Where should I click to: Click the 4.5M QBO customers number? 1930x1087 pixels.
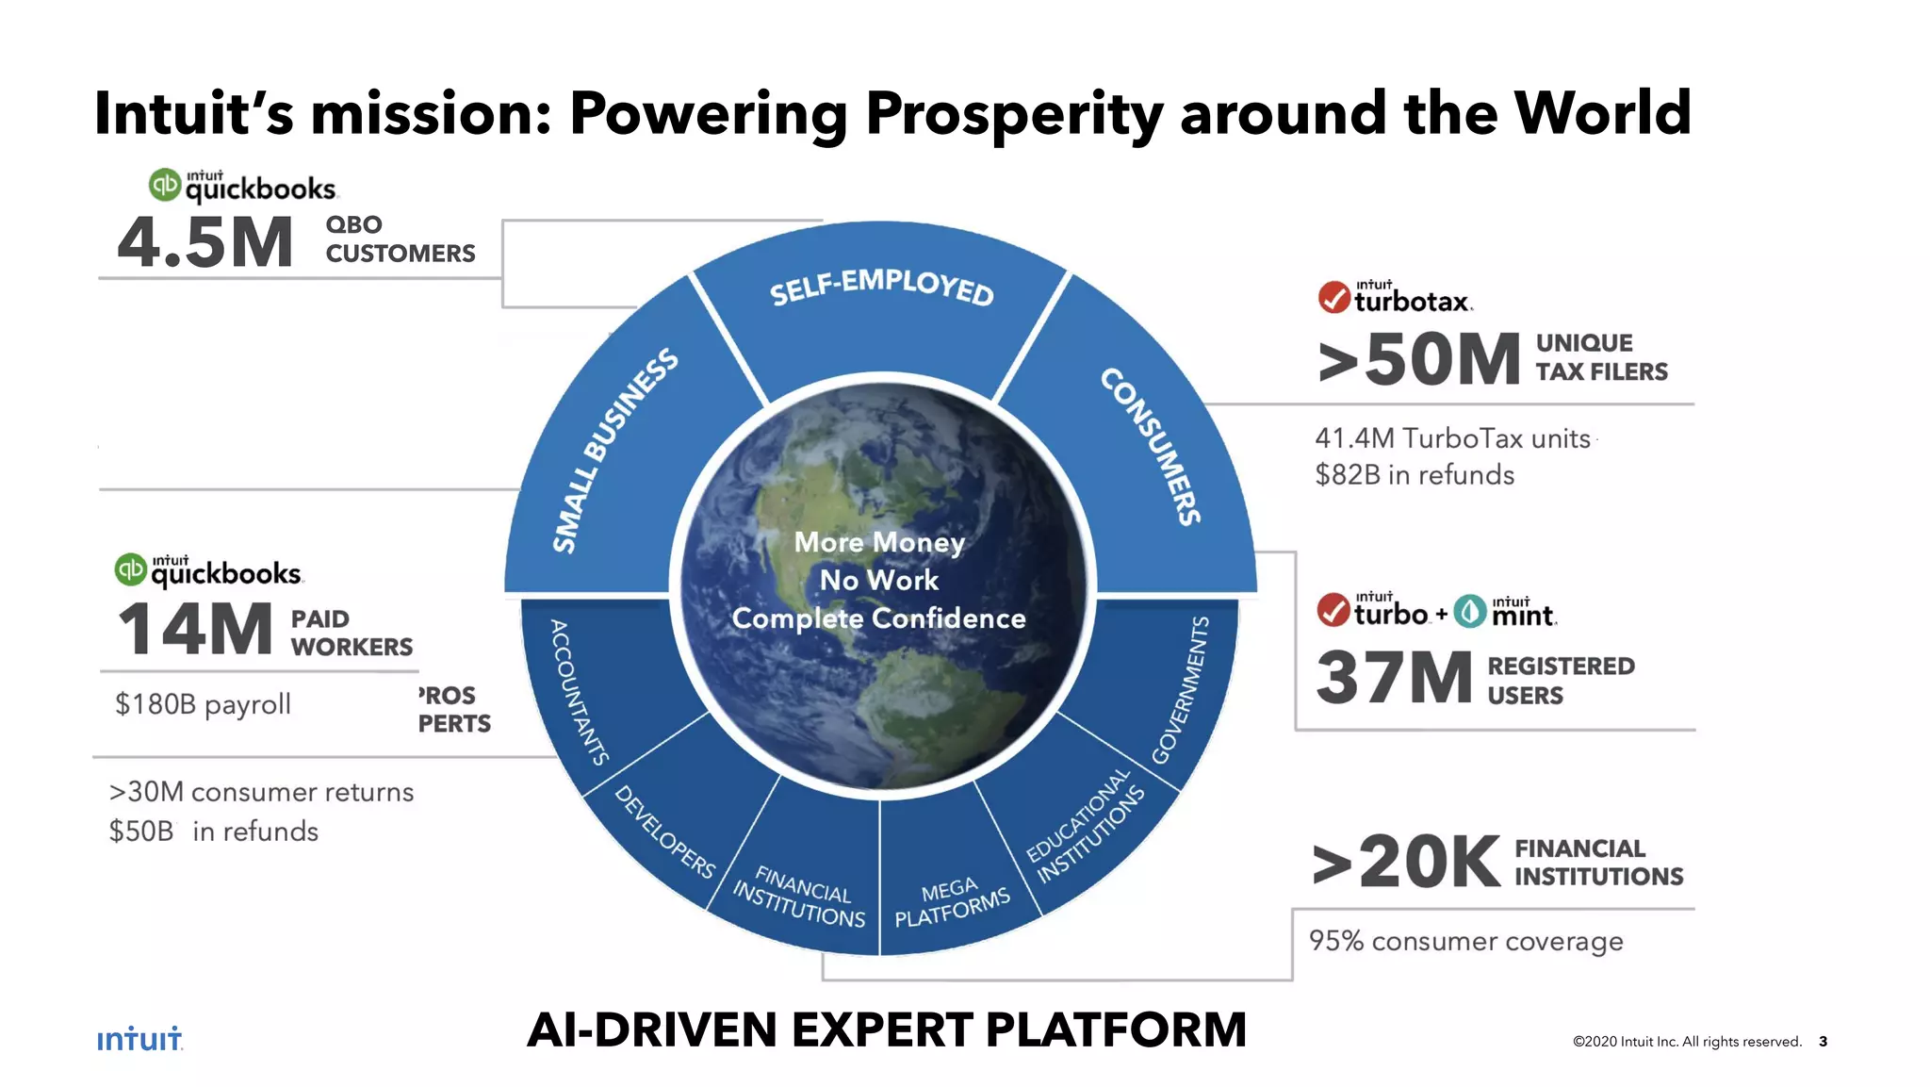tap(204, 242)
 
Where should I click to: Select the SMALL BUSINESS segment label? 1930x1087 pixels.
tap(614, 450)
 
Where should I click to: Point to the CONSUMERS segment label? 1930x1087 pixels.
tap(1151, 445)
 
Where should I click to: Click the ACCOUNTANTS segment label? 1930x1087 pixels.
tap(579, 692)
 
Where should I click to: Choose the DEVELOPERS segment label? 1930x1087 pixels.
tap(664, 832)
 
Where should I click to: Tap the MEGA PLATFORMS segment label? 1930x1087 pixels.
tap(951, 902)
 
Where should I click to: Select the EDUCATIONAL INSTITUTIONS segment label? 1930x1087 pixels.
tap(1086, 827)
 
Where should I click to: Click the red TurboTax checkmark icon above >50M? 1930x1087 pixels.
tap(1333, 297)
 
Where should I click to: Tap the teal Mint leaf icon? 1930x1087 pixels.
tap(1469, 612)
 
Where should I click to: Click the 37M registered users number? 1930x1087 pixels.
tap(1394, 678)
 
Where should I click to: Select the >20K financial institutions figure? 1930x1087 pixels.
tap(1406, 862)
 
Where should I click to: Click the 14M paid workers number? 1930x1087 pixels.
tap(195, 630)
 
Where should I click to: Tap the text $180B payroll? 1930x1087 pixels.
tap(203, 704)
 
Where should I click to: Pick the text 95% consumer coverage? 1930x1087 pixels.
tap(1465, 941)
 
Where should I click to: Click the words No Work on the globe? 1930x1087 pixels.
tap(878, 580)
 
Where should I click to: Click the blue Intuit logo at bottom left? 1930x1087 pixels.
tap(139, 1038)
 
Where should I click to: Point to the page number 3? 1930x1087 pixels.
tap(1823, 1041)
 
